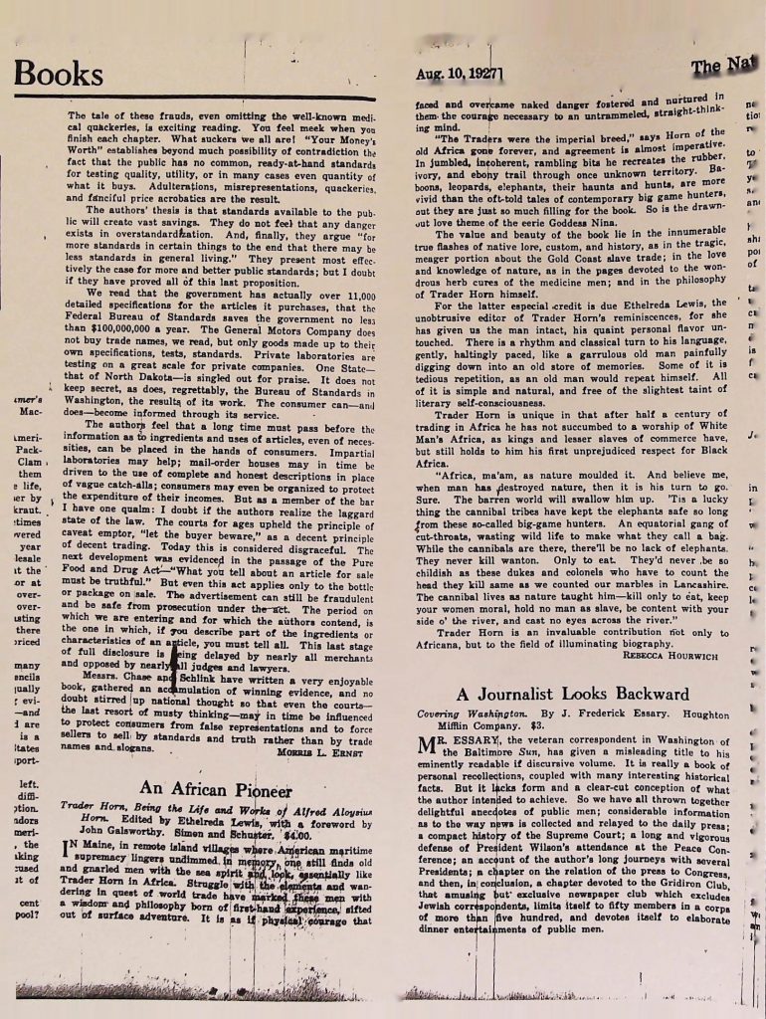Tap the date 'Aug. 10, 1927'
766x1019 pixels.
(462, 73)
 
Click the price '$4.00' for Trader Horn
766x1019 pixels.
(297, 837)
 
